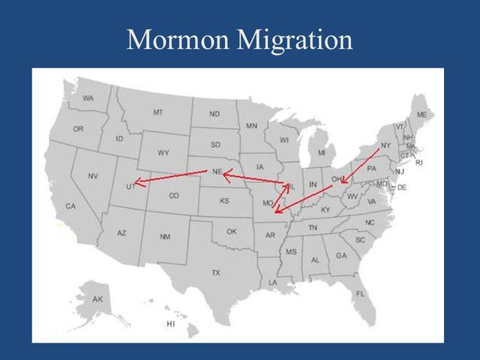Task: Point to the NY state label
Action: point(385,145)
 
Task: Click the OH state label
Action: point(337,178)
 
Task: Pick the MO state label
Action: point(267,203)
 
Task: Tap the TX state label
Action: point(216,272)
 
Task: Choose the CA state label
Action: point(70,205)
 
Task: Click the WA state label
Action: point(88,98)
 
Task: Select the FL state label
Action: point(360,293)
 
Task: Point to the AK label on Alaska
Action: point(97,299)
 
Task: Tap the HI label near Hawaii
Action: point(170,324)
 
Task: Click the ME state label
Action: point(421,114)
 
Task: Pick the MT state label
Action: point(157,112)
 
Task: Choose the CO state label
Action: point(174,196)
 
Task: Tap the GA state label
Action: point(341,256)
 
